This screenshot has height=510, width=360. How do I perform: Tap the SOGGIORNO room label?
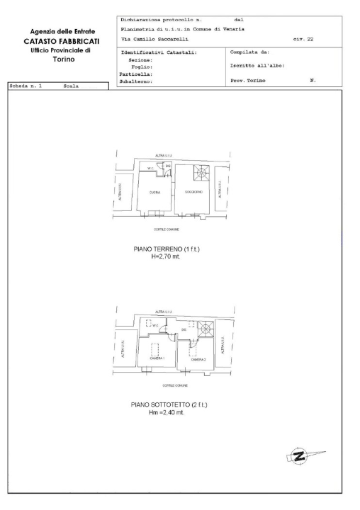point(193,193)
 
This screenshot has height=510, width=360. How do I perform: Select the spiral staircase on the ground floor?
point(201,172)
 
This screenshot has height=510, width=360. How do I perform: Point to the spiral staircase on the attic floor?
point(206,328)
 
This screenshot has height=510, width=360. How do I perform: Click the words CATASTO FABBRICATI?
point(61,42)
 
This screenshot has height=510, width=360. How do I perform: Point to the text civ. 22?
point(303,40)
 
